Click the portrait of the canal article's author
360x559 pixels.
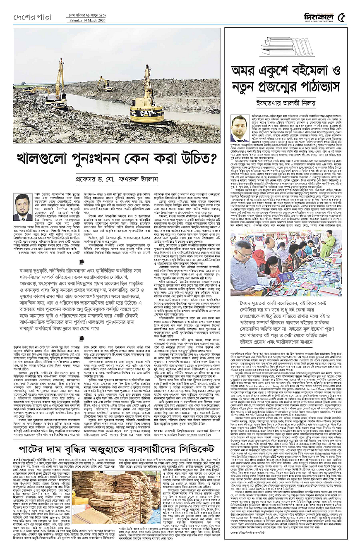pos(23,208)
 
